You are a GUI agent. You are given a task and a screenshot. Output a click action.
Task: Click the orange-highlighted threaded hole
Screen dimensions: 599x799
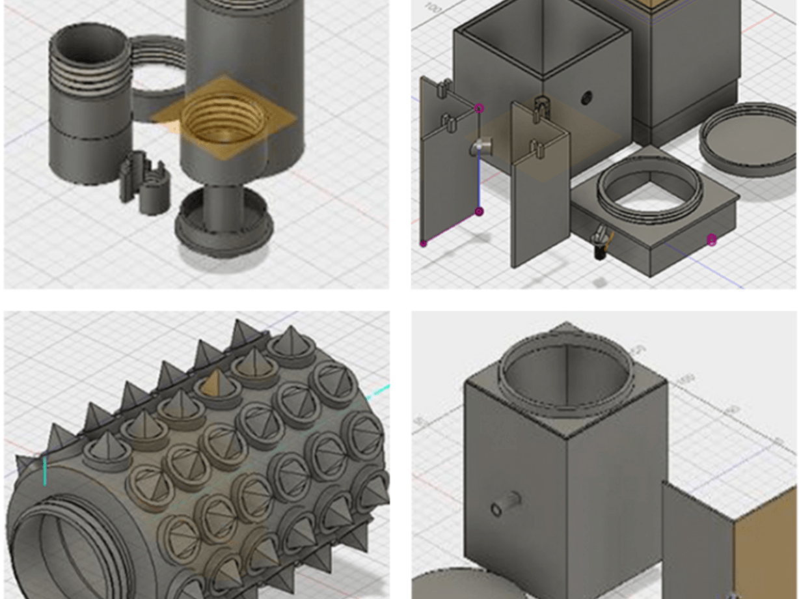(x=223, y=120)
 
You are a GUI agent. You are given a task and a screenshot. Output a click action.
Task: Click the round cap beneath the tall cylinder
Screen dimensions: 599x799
(x=223, y=225)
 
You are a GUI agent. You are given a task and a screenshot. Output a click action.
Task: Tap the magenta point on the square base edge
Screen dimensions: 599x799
(x=711, y=240)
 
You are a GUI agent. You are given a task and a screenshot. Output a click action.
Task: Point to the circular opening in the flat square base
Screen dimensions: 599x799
(x=650, y=189)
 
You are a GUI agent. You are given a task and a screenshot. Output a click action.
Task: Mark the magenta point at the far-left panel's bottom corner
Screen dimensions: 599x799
(x=424, y=244)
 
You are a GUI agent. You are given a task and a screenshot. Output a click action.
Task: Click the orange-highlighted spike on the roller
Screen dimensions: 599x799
(x=213, y=383)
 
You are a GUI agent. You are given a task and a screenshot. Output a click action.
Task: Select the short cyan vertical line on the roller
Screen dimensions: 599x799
(x=45, y=471)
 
